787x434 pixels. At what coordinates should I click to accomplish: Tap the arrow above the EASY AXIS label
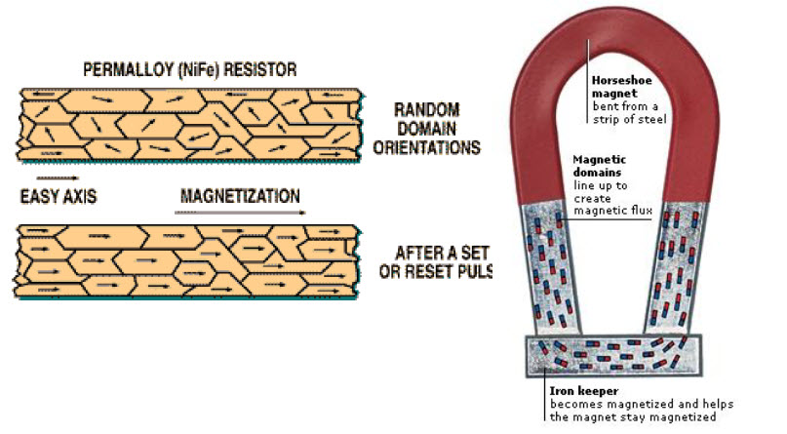click(57, 180)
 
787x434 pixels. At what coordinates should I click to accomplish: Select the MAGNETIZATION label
click(240, 196)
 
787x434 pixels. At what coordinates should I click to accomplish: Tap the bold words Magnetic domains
click(599, 166)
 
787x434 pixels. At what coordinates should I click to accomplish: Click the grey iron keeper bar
click(614, 357)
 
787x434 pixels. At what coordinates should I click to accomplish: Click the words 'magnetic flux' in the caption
click(613, 209)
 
